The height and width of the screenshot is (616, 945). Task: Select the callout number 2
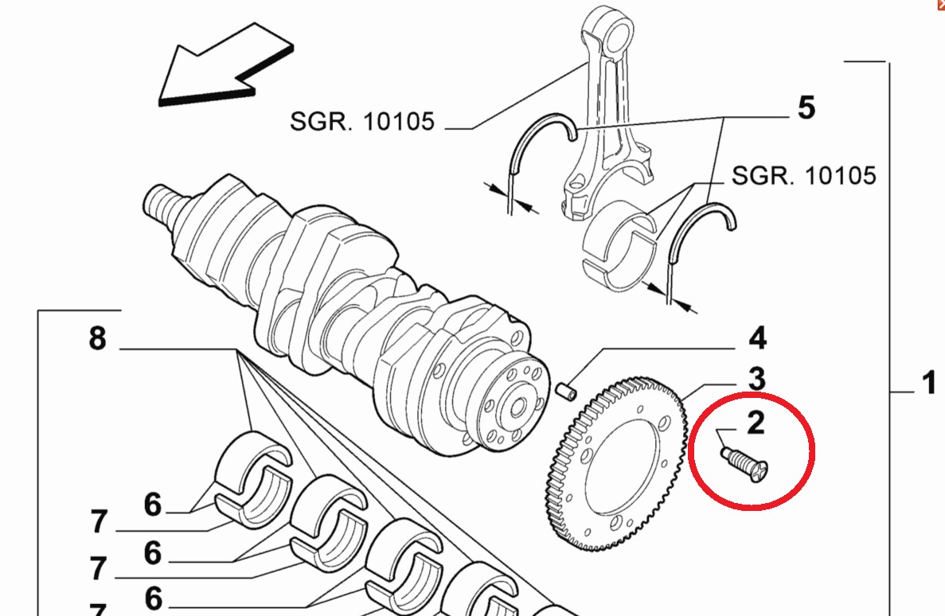[756, 421]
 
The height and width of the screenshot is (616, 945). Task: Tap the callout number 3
[756, 378]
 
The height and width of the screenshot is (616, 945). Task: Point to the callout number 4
[756, 337]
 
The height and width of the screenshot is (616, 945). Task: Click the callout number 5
[806, 107]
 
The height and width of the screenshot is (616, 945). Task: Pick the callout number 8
[97, 338]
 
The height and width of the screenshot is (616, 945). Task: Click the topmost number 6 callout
[152, 504]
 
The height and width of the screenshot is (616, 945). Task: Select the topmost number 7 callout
[98, 523]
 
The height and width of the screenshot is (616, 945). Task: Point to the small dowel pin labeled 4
[568, 391]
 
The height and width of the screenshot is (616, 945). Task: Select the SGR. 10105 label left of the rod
[362, 122]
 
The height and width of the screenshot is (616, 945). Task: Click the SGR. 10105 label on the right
[803, 174]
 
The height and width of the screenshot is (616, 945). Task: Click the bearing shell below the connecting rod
[621, 243]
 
